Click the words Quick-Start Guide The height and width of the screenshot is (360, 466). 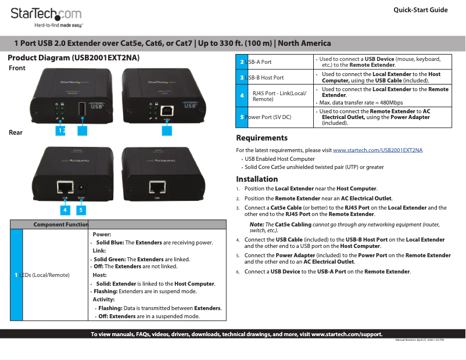point(420,10)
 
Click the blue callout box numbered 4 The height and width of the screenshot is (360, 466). point(64,209)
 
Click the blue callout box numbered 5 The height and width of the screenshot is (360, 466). point(81,209)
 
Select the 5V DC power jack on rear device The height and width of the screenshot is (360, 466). point(81,188)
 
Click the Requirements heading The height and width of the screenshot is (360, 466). point(261,138)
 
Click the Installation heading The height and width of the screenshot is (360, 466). point(257,179)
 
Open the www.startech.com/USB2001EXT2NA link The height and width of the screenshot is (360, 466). point(378,150)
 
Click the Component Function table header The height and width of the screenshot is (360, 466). point(60,225)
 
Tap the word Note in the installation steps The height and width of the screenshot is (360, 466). point(256,225)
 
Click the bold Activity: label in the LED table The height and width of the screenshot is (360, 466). point(103,300)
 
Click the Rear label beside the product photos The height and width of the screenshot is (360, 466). point(16,133)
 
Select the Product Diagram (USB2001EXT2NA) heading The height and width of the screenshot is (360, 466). point(73,59)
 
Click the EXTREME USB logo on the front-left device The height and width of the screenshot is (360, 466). point(100,106)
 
